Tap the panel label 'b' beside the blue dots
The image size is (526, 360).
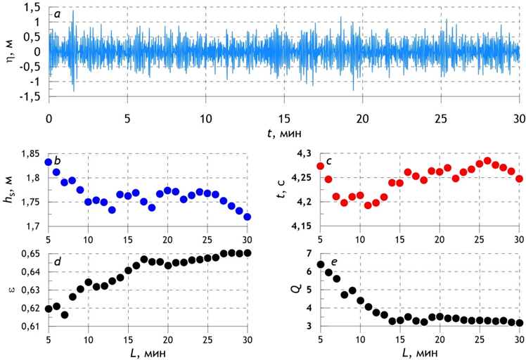pos(58,162)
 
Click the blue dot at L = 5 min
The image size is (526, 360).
pos(49,162)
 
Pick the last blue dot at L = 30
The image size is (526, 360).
pos(247,217)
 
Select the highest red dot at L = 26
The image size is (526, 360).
pos(487,161)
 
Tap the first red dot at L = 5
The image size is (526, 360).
pos(321,166)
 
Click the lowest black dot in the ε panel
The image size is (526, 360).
pos(65,314)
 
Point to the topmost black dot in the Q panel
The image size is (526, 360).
pos(321,264)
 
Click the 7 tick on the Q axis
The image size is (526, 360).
pos(309,254)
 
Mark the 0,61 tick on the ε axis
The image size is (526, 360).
pos(31,327)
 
